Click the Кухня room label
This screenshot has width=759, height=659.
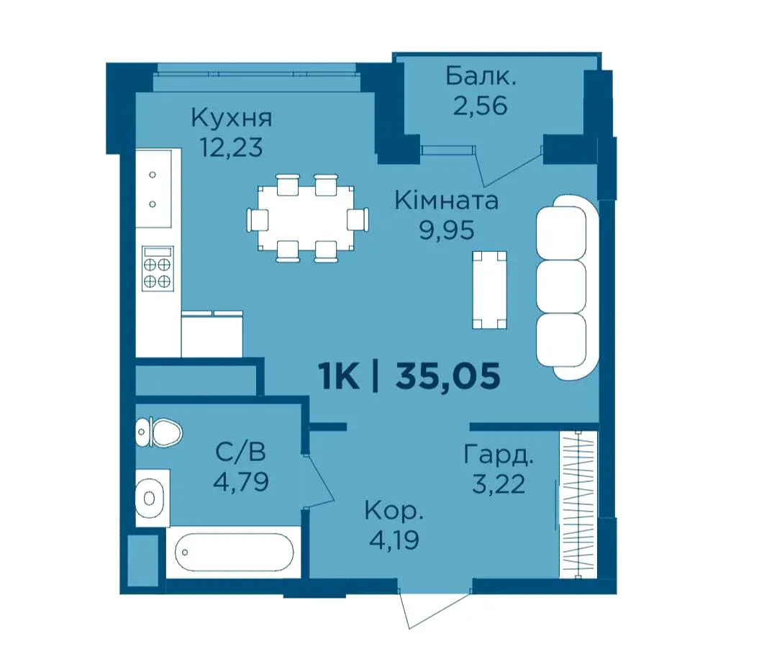pyautogui.click(x=232, y=118)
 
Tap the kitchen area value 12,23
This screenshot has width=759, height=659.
pyautogui.click(x=232, y=147)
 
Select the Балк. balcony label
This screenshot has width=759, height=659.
pyautogui.click(x=481, y=76)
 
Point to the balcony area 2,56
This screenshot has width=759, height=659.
pyautogui.click(x=480, y=105)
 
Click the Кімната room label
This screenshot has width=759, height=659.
pyautogui.click(x=446, y=201)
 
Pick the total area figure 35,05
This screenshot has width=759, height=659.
pyautogui.click(x=447, y=376)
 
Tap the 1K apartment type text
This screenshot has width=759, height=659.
pyautogui.click(x=339, y=376)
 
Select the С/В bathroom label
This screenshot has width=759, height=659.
pyautogui.click(x=240, y=453)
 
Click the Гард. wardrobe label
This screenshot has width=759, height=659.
pyautogui.click(x=499, y=455)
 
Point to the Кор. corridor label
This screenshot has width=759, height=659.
pyautogui.click(x=394, y=511)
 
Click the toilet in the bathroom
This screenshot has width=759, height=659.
pyautogui.click(x=159, y=432)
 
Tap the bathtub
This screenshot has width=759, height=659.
pyautogui.click(x=234, y=553)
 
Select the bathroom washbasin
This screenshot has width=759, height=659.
pyautogui.click(x=150, y=497)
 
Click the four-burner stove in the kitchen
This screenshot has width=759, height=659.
pyautogui.click(x=158, y=268)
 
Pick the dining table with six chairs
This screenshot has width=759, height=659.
pyautogui.click(x=307, y=219)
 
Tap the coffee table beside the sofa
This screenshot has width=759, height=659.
pyautogui.click(x=489, y=290)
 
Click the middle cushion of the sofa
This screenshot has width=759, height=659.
pyautogui.click(x=561, y=286)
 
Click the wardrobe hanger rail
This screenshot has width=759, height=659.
pyautogui.click(x=578, y=504)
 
